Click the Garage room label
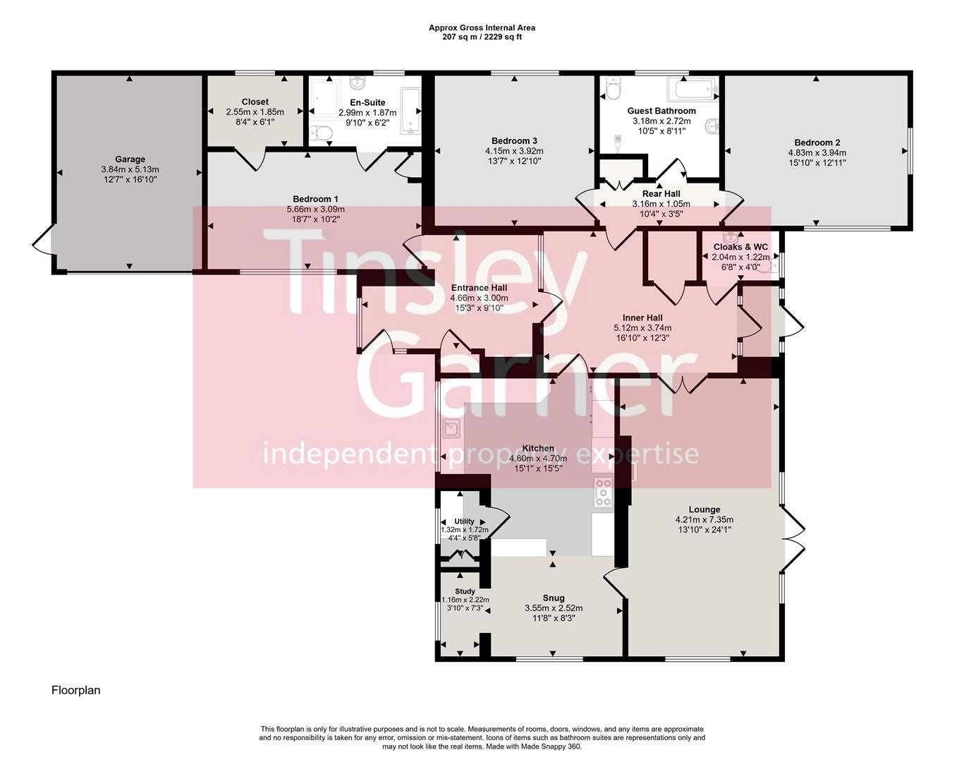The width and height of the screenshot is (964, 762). (x=130, y=159)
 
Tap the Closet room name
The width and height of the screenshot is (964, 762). (x=255, y=102)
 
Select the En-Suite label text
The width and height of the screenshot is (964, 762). (x=367, y=103)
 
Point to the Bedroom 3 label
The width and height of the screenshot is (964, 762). (x=514, y=140)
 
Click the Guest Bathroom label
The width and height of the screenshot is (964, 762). (x=661, y=111)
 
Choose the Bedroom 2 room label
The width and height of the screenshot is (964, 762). (x=817, y=143)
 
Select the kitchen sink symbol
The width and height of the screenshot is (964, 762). (x=450, y=428)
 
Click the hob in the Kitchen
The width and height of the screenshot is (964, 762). (x=603, y=492)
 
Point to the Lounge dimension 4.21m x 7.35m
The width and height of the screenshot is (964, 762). (x=704, y=520)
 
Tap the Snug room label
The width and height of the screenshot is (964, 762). (x=554, y=598)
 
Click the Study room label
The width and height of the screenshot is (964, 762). (x=465, y=591)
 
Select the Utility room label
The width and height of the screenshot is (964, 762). (x=464, y=521)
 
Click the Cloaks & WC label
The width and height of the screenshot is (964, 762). (x=740, y=247)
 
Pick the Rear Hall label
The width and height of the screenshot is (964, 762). (x=661, y=194)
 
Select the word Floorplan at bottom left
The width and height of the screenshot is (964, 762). (x=75, y=690)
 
